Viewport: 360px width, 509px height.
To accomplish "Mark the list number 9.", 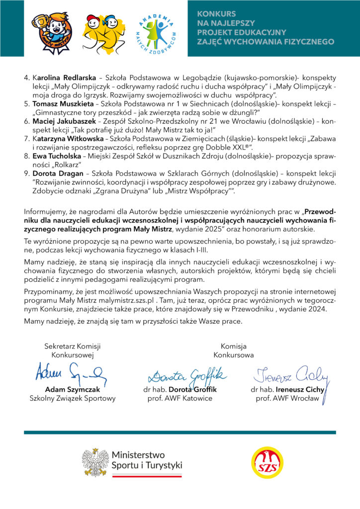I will pyautogui.click(x=26, y=174).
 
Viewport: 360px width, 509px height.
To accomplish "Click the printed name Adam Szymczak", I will pyautogui.click(x=72, y=389).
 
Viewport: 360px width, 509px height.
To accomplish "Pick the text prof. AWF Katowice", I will pyautogui.click(x=180, y=398).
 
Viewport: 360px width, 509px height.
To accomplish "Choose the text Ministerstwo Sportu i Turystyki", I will pyautogui.click(x=147, y=460).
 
